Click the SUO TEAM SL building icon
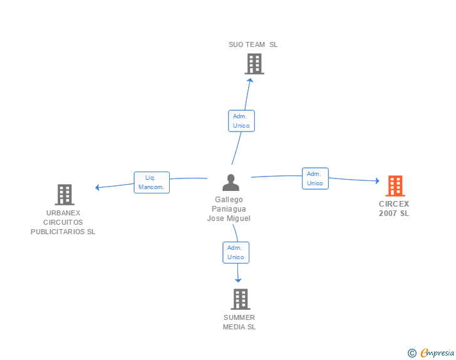(254, 64)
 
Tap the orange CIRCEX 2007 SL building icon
(395, 186)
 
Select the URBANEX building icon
(65, 195)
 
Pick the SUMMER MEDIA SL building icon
(240, 299)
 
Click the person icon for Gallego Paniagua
(231, 183)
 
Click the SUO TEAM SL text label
(253, 44)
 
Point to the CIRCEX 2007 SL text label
(394, 208)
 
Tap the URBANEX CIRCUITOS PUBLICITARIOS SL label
(63, 222)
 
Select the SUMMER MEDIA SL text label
(239, 322)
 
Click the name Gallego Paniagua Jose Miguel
(229, 209)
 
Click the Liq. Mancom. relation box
(152, 182)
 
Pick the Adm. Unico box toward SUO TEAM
(241, 121)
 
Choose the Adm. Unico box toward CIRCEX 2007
(315, 178)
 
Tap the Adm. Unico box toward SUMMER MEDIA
(236, 252)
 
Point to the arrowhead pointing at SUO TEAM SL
(250, 80)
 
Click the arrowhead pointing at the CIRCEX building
(377, 181)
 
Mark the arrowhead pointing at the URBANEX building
(97, 187)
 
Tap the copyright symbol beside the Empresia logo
(412, 353)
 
